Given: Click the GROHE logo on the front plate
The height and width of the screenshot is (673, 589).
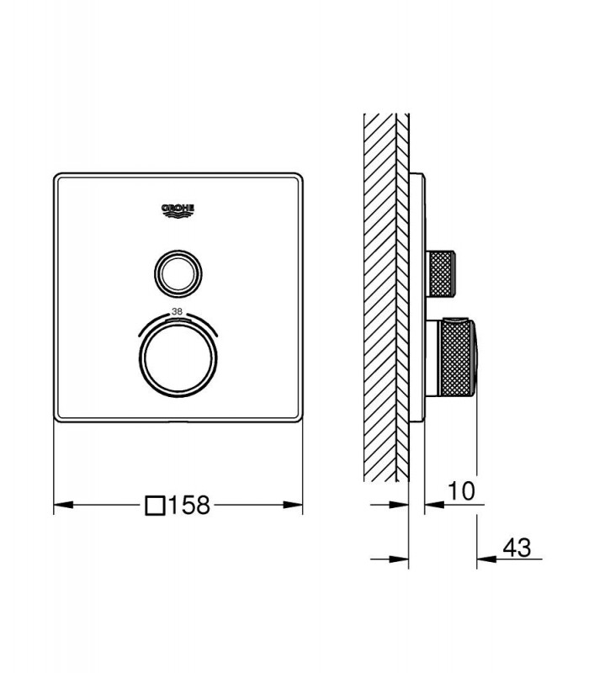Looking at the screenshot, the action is click(178, 210).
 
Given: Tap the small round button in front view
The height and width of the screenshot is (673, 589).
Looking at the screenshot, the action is click(178, 273).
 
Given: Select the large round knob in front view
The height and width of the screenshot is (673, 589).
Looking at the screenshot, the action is click(178, 358).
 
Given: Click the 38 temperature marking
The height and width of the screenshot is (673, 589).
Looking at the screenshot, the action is click(177, 311).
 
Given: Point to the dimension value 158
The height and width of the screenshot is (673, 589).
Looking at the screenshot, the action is click(189, 506).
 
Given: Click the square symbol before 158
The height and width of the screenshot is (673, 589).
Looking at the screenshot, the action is click(156, 506).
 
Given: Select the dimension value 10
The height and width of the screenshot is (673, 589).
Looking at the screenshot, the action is click(461, 490).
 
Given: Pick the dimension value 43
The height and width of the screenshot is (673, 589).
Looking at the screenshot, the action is click(517, 548).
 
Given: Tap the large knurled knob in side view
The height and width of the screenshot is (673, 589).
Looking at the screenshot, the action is click(456, 358).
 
